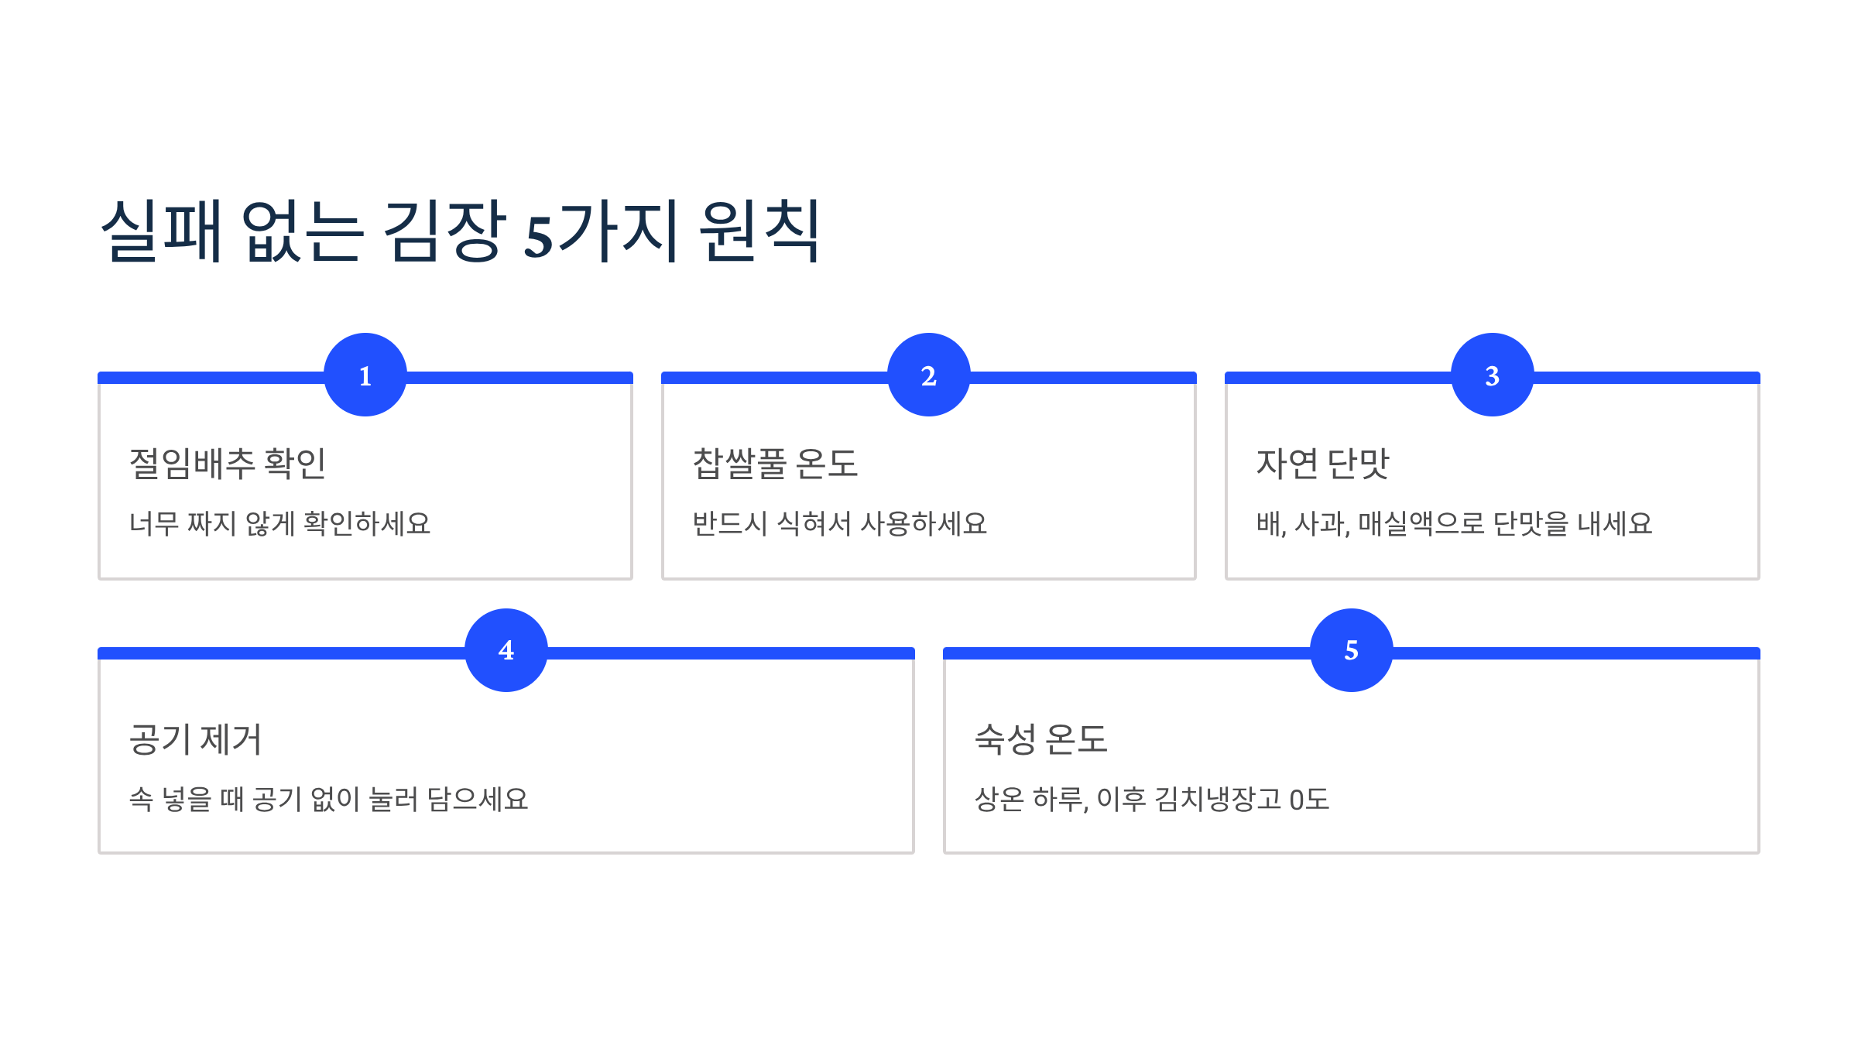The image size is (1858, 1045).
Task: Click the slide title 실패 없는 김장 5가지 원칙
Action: (x=461, y=231)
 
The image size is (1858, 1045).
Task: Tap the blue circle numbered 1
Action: (x=365, y=375)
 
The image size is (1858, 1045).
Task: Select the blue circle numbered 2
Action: (x=929, y=375)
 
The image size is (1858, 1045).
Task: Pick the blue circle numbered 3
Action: (x=1493, y=375)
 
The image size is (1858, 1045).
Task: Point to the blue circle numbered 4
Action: (x=506, y=650)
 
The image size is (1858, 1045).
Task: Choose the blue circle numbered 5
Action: (x=1352, y=650)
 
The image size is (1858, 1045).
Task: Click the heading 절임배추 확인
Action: (x=228, y=464)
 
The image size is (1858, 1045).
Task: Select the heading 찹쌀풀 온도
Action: (x=775, y=464)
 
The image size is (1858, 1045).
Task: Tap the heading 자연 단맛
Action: (x=1322, y=464)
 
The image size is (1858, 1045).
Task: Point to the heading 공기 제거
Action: (x=196, y=739)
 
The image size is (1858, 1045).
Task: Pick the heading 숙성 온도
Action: (x=1041, y=739)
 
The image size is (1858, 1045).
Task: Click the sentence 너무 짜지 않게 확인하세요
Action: (x=279, y=524)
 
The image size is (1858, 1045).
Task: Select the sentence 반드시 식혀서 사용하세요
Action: (x=840, y=524)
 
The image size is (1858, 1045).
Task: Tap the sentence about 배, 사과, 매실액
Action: (x=1454, y=524)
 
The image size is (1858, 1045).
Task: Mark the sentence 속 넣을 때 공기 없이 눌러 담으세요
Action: (x=329, y=800)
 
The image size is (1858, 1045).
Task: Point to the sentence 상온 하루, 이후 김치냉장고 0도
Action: (x=1152, y=800)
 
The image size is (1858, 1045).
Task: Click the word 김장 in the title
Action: (x=445, y=231)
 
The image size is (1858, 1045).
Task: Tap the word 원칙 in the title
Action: (x=759, y=231)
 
